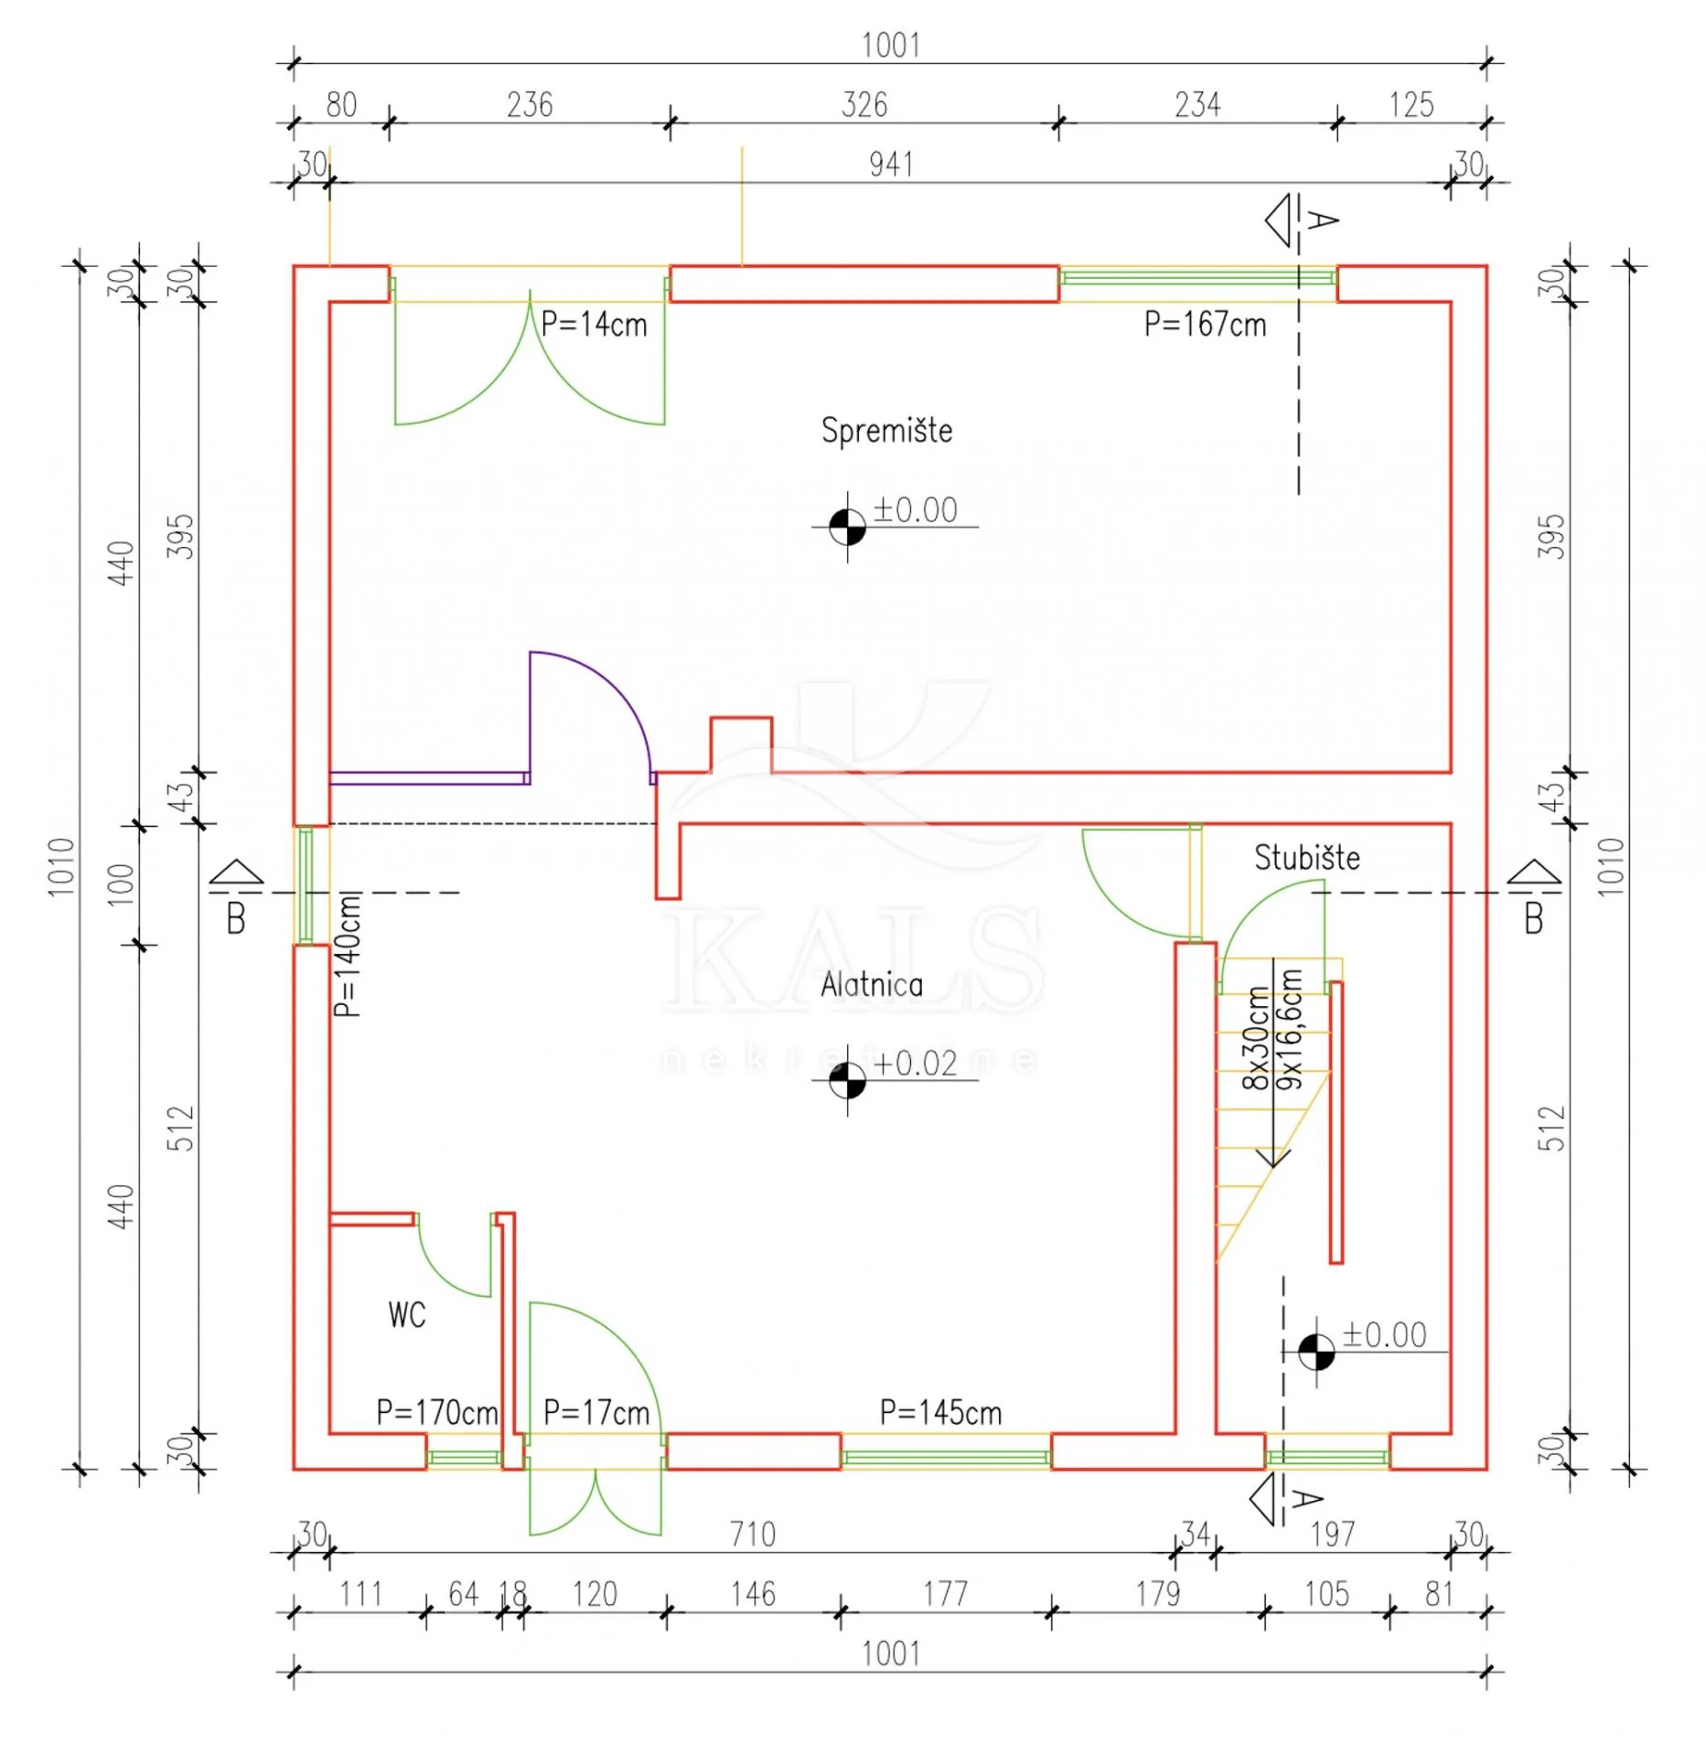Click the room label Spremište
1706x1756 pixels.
click(886, 431)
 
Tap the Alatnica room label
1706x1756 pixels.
click(872, 985)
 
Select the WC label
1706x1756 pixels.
click(407, 1315)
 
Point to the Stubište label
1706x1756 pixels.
click(1306, 858)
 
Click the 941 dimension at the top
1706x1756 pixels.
click(891, 165)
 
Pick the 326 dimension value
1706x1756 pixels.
click(864, 105)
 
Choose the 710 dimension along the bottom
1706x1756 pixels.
click(753, 1534)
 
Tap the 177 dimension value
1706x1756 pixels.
click(945, 1594)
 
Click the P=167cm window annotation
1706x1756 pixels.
click(1205, 325)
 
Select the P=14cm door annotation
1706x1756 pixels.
click(594, 325)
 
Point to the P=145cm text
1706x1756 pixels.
click(940, 1413)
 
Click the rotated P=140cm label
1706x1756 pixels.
click(348, 955)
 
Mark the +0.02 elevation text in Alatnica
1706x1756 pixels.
click(915, 1064)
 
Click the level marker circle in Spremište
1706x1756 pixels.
click(847, 527)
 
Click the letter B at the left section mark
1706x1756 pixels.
click(236, 918)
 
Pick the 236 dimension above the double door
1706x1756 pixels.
click(530, 105)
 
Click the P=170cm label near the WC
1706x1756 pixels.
click(437, 1413)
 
